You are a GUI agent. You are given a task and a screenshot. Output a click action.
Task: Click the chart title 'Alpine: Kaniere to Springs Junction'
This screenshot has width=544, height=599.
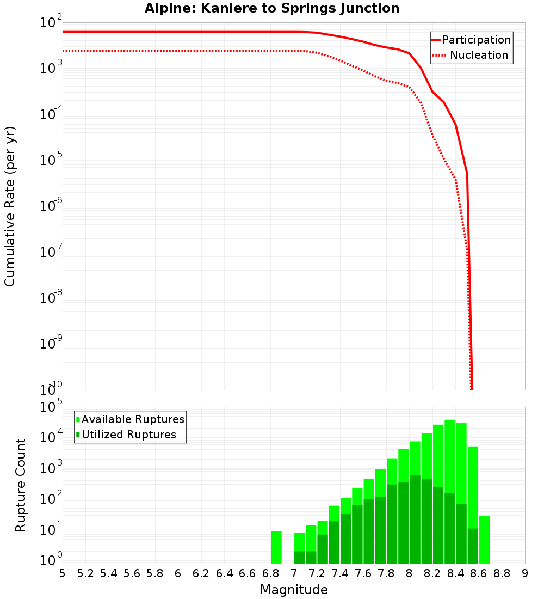pyautogui.click(x=272, y=9)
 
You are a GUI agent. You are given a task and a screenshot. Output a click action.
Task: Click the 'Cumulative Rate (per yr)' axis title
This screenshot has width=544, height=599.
pyautogui.click(x=10, y=206)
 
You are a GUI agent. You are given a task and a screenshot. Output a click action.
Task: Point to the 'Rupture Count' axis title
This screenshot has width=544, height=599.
pyautogui.click(x=21, y=485)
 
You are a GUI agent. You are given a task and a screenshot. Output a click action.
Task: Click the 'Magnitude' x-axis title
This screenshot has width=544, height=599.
pyautogui.click(x=294, y=590)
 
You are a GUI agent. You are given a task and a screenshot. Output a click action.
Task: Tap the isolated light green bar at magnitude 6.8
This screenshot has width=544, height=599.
pyautogui.click(x=276, y=547)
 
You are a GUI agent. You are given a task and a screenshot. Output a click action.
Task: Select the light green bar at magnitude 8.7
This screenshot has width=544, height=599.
pyautogui.click(x=484, y=540)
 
